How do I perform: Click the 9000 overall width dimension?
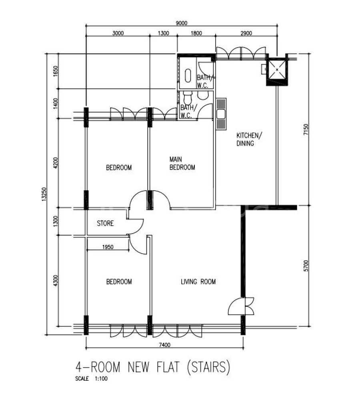[x=181, y=23]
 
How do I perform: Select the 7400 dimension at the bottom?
[x=164, y=345]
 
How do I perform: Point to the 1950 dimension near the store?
[x=108, y=247]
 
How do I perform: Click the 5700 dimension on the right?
[x=306, y=266]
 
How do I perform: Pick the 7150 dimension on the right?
[x=306, y=129]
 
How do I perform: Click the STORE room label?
[x=105, y=223]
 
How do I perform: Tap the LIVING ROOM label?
[x=198, y=282]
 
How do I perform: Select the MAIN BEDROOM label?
[x=182, y=163]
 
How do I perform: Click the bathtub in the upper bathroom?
[x=188, y=76]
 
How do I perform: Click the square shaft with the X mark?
[x=277, y=70]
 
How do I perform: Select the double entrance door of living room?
[x=241, y=306]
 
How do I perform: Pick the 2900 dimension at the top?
[x=246, y=33]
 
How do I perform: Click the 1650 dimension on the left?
[x=56, y=71]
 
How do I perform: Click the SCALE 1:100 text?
[x=91, y=378]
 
